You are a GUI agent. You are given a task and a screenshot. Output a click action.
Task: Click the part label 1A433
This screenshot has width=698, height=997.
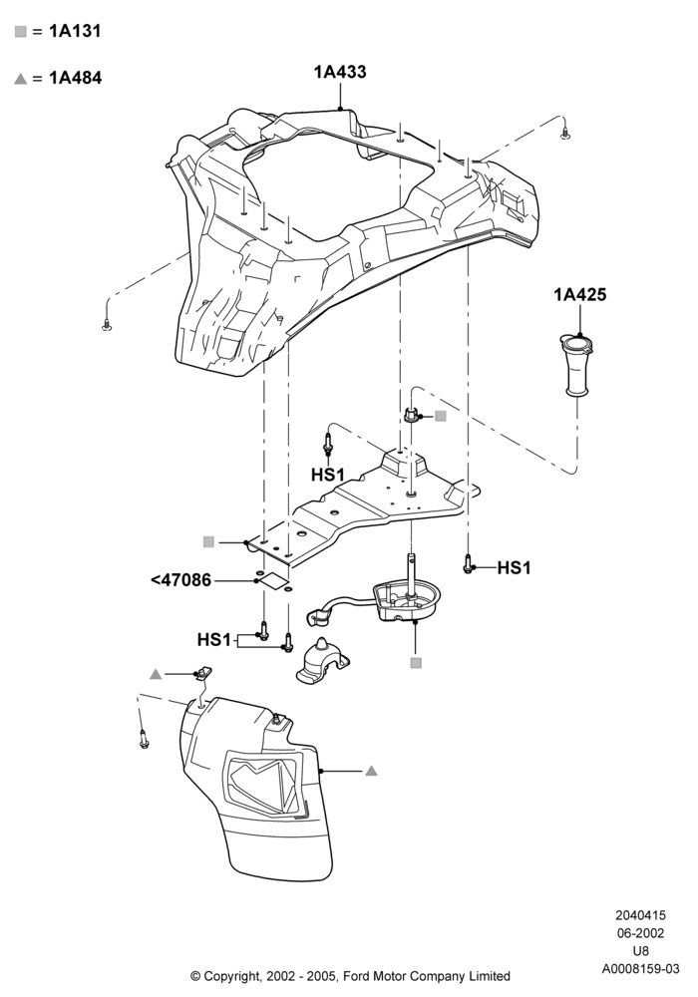point(340,72)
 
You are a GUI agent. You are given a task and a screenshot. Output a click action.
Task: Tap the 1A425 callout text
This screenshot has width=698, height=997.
point(579,294)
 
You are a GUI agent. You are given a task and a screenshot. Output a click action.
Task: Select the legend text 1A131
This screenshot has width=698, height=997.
point(75,31)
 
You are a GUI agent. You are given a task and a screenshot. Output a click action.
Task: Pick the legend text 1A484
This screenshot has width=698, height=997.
point(76,78)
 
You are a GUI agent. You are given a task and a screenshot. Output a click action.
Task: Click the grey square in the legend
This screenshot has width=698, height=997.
point(21,32)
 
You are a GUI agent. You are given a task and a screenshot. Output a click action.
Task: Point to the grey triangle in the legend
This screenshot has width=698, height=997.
point(21,79)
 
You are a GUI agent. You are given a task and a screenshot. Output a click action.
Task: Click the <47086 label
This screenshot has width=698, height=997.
point(181,580)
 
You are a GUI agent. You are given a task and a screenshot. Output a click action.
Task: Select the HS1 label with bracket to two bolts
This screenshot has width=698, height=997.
point(214,639)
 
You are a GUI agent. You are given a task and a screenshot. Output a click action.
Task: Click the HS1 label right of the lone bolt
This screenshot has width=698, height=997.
point(514,568)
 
